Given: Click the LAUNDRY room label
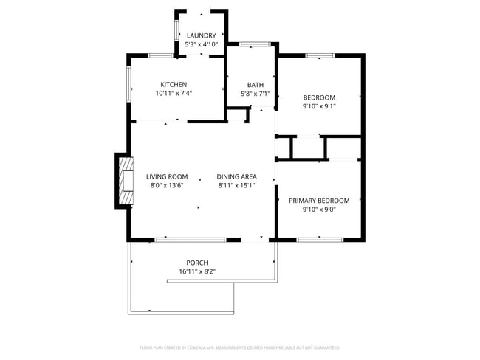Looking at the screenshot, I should point(201,35).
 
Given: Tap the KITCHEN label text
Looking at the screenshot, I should point(174,84).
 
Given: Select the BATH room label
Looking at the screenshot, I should point(256,84).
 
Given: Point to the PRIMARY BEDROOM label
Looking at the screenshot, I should point(319,200).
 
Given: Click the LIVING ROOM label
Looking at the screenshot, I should point(166,176).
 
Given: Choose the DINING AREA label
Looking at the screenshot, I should point(236,176).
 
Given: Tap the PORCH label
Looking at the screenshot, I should point(196,263).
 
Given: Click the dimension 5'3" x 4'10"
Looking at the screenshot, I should point(201,44).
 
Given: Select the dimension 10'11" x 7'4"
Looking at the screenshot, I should point(174,94).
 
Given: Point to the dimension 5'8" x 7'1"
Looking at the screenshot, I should point(256,94).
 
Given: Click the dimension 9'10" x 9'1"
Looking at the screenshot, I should point(319,106).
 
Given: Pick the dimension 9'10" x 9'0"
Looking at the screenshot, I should point(319,210).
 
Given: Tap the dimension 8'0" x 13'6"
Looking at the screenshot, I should point(166,186).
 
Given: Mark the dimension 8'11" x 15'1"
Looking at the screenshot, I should point(236,186).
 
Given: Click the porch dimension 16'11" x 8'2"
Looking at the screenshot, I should point(196,272).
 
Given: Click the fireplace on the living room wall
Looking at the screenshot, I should point(123,181).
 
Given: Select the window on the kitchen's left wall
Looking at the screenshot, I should point(129,84).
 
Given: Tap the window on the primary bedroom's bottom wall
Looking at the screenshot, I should point(319,240).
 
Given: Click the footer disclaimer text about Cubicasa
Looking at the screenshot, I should point(239,347).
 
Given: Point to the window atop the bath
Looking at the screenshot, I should point(253,44).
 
